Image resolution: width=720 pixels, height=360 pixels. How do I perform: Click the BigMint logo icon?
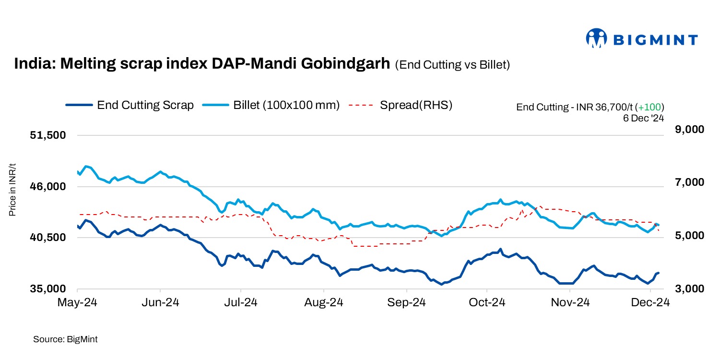[x=596, y=38]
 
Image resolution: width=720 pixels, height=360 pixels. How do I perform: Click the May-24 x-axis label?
[x=77, y=302]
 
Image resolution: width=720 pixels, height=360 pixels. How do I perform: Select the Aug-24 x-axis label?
[x=324, y=302]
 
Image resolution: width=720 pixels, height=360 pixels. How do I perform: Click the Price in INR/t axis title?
[x=13, y=190]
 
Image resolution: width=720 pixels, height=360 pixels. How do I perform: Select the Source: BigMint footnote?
[x=65, y=339]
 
